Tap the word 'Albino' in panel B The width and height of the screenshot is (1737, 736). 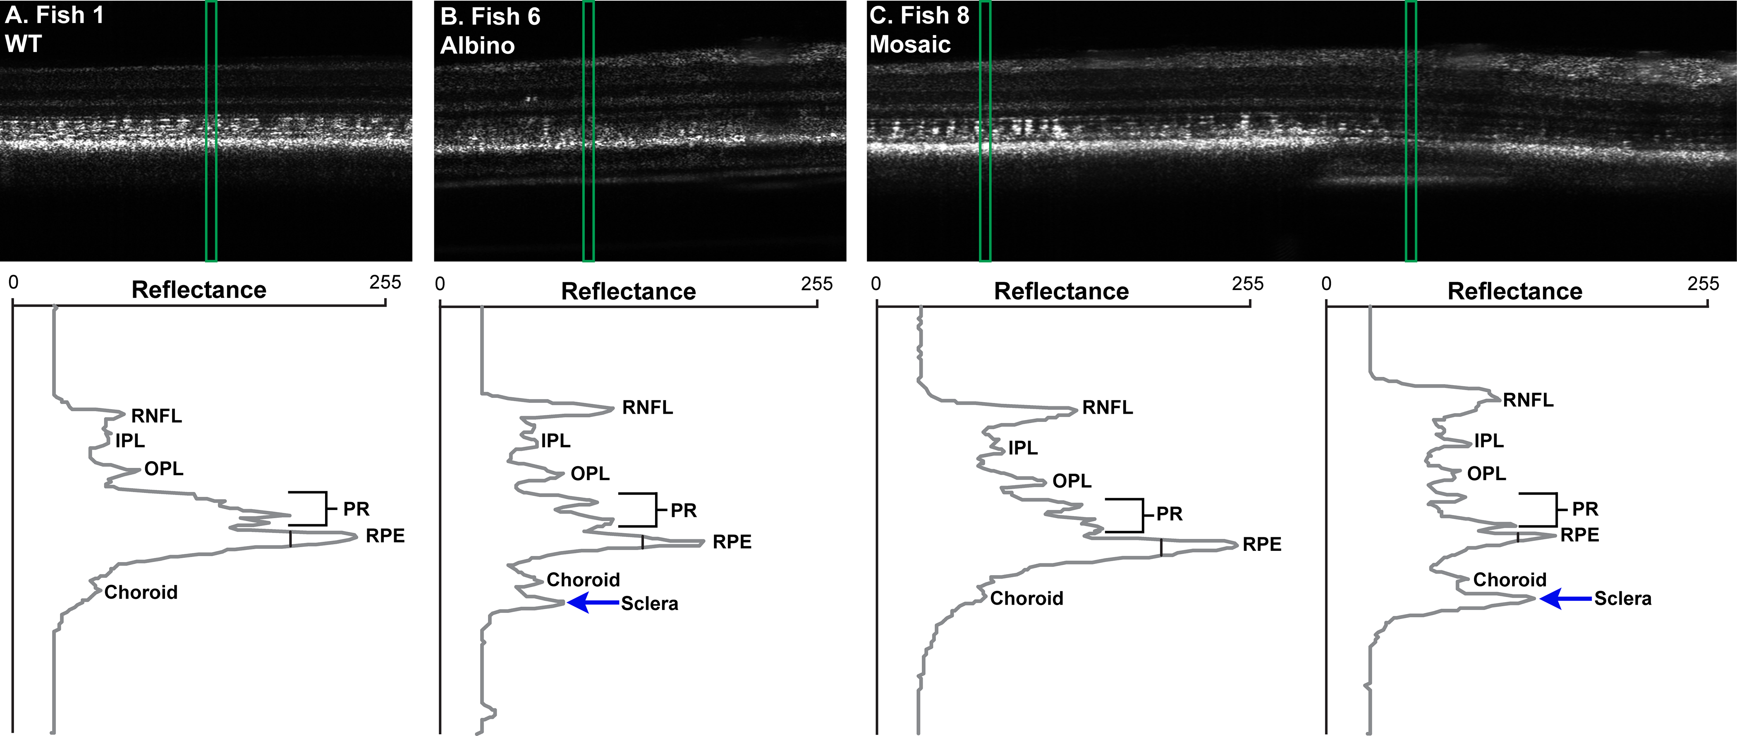(x=477, y=46)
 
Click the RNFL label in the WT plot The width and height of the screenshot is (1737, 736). (x=156, y=416)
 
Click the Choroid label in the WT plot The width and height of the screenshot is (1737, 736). (x=141, y=593)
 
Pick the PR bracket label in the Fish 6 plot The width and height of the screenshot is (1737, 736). (x=683, y=511)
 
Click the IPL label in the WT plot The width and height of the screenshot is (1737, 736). (x=130, y=441)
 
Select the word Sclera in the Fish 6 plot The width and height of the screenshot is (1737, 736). (x=649, y=604)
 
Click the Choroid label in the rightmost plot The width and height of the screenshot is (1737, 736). (x=1509, y=580)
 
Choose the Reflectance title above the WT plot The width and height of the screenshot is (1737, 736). (x=199, y=290)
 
